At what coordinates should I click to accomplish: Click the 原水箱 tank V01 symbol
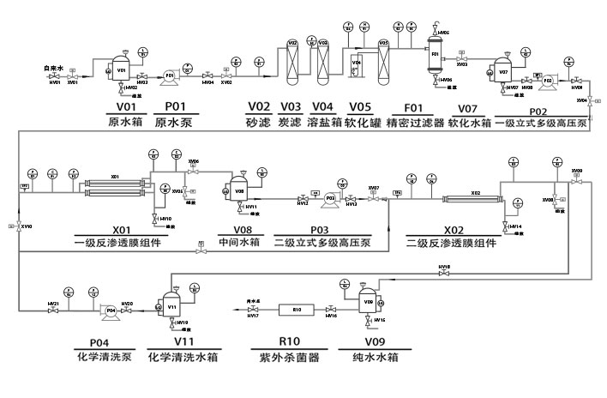pyautogui.click(x=121, y=69)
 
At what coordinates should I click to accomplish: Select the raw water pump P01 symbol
pyautogui.click(x=170, y=75)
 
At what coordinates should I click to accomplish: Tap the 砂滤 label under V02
pyautogui.click(x=258, y=123)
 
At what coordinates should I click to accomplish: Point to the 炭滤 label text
pyautogui.click(x=291, y=123)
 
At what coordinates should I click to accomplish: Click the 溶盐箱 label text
pyautogui.click(x=324, y=123)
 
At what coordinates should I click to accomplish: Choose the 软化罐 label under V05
pyautogui.click(x=364, y=123)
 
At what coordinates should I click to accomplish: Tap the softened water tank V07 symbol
pyautogui.click(x=504, y=71)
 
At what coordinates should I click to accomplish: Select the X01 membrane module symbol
pyautogui.click(x=115, y=184)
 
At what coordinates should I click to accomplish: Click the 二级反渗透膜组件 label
pyautogui.click(x=454, y=244)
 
